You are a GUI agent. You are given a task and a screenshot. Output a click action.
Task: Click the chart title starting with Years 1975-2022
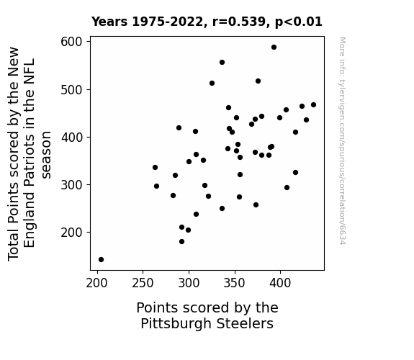coord(207,22)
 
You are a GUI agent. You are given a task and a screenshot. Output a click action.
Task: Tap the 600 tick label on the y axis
coord(71,42)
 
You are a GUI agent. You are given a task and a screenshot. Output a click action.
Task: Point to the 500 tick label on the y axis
coord(71,90)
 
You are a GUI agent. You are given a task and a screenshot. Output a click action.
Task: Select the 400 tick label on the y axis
coord(71,138)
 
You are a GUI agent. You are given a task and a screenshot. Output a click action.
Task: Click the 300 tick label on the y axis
coord(71,185)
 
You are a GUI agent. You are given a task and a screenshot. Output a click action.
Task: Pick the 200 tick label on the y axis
coord(71,233)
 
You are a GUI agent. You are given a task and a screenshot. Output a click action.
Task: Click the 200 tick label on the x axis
coord(97,283)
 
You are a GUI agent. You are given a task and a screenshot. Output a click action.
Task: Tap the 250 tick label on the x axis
coord(143,283)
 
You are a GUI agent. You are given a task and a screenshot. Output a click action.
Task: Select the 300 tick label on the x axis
coord(189,283)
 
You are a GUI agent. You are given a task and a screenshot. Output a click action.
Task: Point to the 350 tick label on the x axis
coord(235,283)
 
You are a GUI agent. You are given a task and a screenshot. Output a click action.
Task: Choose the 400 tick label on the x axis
coord(280,283)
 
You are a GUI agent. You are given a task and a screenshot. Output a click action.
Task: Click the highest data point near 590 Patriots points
coord(274,48)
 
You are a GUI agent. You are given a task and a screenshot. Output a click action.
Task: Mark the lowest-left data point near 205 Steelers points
coord(101,260)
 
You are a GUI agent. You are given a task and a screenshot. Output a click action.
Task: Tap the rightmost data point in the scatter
coord(313,105)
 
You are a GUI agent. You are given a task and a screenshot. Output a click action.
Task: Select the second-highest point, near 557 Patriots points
coord(222,63)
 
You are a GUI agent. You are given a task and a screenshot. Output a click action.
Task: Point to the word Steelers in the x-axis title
coord(245,323)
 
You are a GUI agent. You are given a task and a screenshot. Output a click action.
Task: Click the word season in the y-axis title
coord(46,155)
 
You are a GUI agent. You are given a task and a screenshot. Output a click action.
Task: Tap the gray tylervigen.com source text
coord(342,141)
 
